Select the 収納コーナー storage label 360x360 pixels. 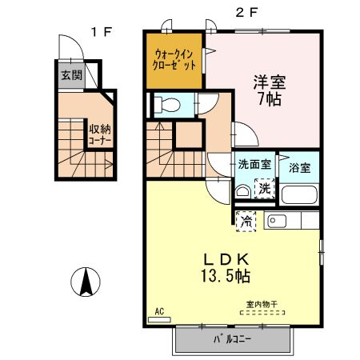coord(100,134)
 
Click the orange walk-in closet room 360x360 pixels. coord(174,61)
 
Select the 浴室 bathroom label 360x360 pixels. coord(301,167)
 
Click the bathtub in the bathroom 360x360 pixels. coord(301,194)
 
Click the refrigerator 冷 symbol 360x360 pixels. coord(247,218)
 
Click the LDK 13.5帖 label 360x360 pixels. coord(225,268)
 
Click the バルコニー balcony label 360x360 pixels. coord(232,340)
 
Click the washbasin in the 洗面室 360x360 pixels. coord(242,191)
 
